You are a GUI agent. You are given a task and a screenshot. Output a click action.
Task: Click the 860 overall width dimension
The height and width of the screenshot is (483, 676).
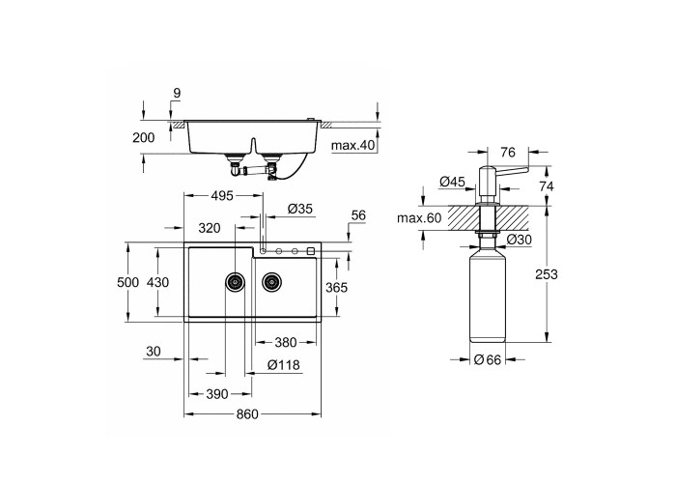[247, 414]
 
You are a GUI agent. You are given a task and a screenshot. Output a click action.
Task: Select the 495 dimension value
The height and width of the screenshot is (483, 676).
[222, 196]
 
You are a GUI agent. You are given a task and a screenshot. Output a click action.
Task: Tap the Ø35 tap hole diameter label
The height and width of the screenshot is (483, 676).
[299, 209]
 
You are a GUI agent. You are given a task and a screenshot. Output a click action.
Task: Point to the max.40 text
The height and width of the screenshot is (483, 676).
[353, 145]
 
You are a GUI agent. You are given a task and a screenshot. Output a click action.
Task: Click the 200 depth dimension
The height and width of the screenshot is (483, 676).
[143, 137]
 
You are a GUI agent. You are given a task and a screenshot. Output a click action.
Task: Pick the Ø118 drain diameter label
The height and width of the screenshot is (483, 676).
[283, 365]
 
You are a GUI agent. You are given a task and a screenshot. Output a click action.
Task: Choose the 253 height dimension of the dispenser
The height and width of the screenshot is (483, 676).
[547, 274]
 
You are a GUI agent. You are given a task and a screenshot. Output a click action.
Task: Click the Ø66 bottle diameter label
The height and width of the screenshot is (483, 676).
[488, 359]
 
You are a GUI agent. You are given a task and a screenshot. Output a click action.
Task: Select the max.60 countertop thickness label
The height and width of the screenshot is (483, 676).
[419, 217]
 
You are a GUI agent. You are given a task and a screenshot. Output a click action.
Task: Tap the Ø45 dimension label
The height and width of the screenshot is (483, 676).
[452, 182]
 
